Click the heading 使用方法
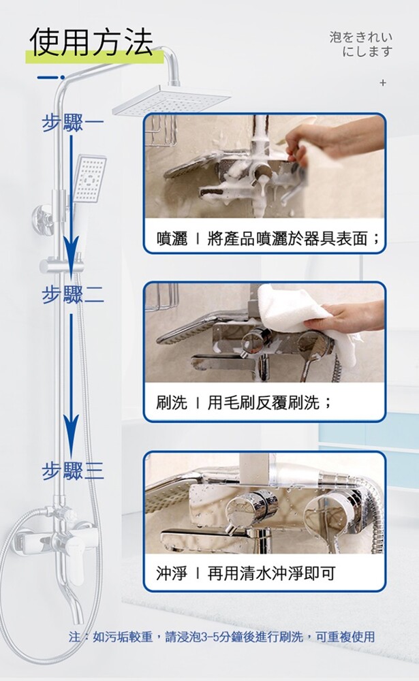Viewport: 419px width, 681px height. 91,42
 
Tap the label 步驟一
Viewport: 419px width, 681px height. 73,123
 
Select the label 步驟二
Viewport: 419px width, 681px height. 73,294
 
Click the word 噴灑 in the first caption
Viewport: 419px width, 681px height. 172,238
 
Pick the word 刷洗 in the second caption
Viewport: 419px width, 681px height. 172,402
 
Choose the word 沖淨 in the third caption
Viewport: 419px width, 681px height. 172,573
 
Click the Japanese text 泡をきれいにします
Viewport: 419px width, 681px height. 361,44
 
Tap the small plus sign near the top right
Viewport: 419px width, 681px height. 382,82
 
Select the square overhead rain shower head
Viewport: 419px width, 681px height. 172,100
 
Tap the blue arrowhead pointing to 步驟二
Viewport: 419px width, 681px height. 72,252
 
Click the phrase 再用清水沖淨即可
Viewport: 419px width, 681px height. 272,573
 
